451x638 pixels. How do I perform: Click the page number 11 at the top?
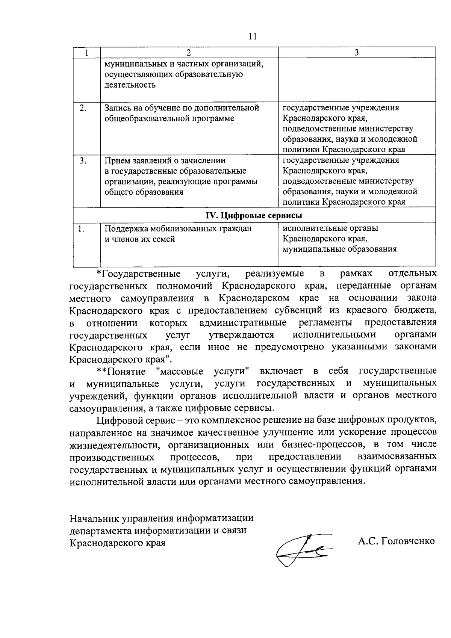[252, 36]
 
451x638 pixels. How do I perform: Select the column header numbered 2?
[189, 53]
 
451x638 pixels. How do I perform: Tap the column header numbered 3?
[356, 53]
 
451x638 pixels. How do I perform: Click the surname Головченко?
[407, 541]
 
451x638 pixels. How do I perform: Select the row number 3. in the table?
[83, 161]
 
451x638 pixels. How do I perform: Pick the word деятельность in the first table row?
[130, 85]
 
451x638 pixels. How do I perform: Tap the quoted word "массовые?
[179, 372]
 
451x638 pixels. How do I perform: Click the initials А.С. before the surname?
[368, 541]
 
